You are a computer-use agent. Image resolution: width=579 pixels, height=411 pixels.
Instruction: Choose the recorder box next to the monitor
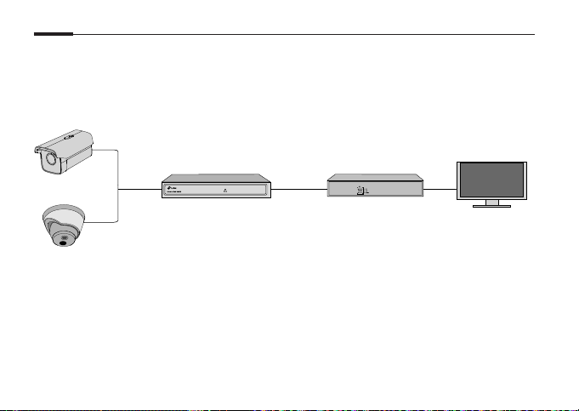374,186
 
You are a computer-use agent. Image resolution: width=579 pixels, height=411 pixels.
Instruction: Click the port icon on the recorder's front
359,191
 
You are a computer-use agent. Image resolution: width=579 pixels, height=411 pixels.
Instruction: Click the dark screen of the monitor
492,180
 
